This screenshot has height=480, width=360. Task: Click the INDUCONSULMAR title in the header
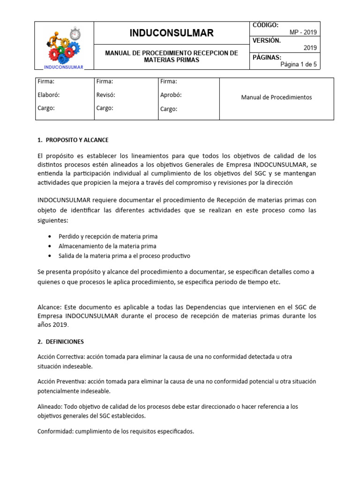tap(172, 33)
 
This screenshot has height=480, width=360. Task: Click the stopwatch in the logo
tap(75, 34)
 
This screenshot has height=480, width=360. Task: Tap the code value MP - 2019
tap(303, 32)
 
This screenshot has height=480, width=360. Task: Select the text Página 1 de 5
tap(298, 65)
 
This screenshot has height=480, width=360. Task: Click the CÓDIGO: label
tap(265, 25)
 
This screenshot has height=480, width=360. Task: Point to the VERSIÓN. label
tap(267, 41)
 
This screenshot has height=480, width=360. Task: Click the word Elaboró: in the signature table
tap(49, 95)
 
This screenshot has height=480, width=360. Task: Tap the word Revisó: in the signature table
tap(105, 95)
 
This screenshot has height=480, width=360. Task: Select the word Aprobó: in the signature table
tap(171, 95)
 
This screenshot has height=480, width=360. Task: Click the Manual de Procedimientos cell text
tap(276, 97)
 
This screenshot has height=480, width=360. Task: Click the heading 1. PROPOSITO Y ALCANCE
tap(73, 140)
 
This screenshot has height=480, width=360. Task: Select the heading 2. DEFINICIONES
tap(60, 342)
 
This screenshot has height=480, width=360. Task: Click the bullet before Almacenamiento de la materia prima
tap(50, 246)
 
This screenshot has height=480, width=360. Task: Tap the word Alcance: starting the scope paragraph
tap(49, 307)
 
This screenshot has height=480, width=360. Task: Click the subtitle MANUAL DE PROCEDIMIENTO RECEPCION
tap(172, 53)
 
